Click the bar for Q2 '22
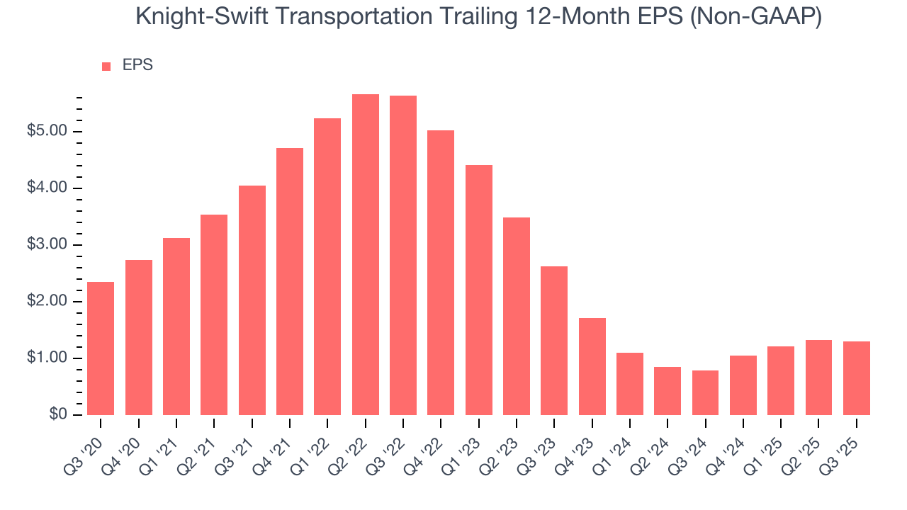365,254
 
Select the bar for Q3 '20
101,348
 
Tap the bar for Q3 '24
705,392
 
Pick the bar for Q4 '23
592,366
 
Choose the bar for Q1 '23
478,290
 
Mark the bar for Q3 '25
856,378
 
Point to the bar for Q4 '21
290,281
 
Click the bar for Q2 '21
214,314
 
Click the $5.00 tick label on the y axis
47,132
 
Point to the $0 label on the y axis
58,415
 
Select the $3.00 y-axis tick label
47,245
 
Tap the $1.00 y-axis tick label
47,358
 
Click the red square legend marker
106,66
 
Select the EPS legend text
137,65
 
